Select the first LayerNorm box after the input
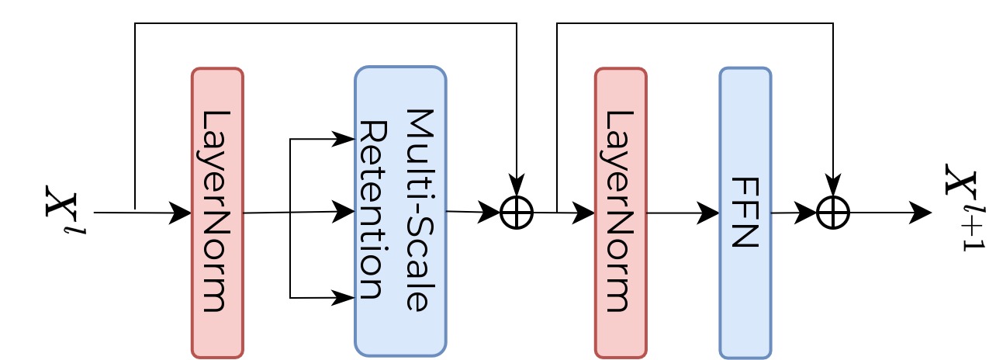pos(217,213)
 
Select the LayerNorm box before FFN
pos(621,213)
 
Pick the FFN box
pos(745,213)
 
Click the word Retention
pos(373,209)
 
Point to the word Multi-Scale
pos(420,209)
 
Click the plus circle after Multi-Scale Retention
pos(517,213)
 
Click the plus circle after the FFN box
pos(833,213)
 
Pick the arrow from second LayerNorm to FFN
pos(683,213)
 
